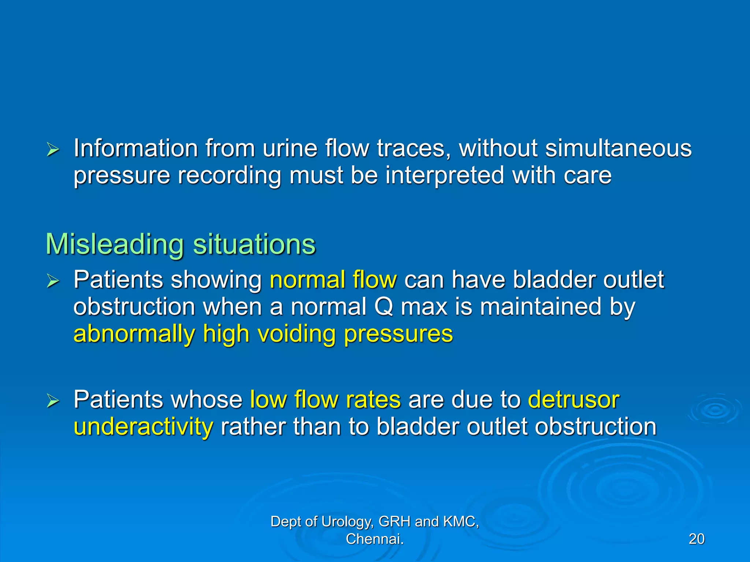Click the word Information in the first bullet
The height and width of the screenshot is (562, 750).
(135, 148)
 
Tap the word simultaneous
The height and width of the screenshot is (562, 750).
(618, 148)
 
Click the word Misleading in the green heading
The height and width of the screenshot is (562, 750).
(114, 244)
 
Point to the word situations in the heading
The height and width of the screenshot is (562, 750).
(254, 244)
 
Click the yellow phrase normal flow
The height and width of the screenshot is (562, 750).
(333, 280)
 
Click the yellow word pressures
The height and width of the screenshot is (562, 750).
(398, 334)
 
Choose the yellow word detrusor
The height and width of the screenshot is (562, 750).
(573, 399)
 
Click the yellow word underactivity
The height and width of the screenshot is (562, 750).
(143, 427)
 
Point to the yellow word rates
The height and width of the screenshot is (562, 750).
(373, 399)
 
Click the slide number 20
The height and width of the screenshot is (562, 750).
(696, 539)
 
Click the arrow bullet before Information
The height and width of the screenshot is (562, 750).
(53, 150)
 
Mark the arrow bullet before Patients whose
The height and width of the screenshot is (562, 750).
(53, 401)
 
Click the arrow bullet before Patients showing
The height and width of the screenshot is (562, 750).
(53, 281)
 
